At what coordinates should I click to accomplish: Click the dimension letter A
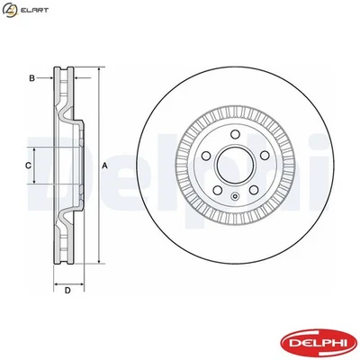(x=104, y=166)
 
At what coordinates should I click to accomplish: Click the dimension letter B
(x=31, y=79)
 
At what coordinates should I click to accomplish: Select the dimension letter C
(x=28, y=166)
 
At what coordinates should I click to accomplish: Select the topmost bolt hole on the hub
(x=234, y=136)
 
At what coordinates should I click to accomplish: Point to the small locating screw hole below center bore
(x=234, y=196)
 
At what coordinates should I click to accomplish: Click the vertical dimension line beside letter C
(x=37, y=166)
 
